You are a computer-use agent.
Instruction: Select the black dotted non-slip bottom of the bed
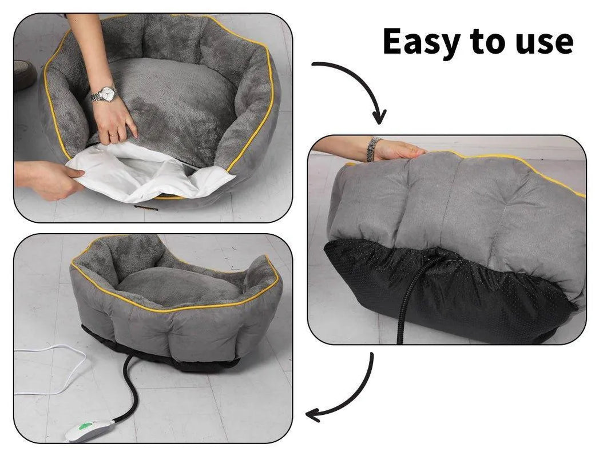[486, 291]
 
